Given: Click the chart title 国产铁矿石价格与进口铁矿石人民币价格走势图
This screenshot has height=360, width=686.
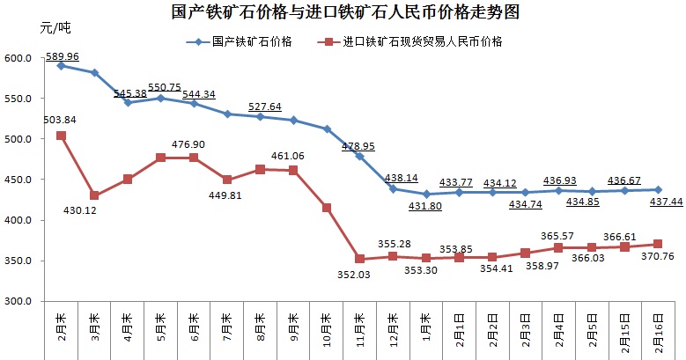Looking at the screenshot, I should pos(344,13).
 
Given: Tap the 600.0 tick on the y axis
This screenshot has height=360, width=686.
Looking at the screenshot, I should pos(18,58).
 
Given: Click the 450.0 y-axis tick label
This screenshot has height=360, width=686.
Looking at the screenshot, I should pos(18,180).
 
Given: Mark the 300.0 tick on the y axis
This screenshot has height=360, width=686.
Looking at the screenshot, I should pos(18,301).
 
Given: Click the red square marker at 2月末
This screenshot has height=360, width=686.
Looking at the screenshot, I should pos(61,136).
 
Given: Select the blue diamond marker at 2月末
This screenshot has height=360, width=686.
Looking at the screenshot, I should pos(61,65).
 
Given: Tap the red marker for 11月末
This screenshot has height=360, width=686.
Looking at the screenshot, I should pos(359,259).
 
